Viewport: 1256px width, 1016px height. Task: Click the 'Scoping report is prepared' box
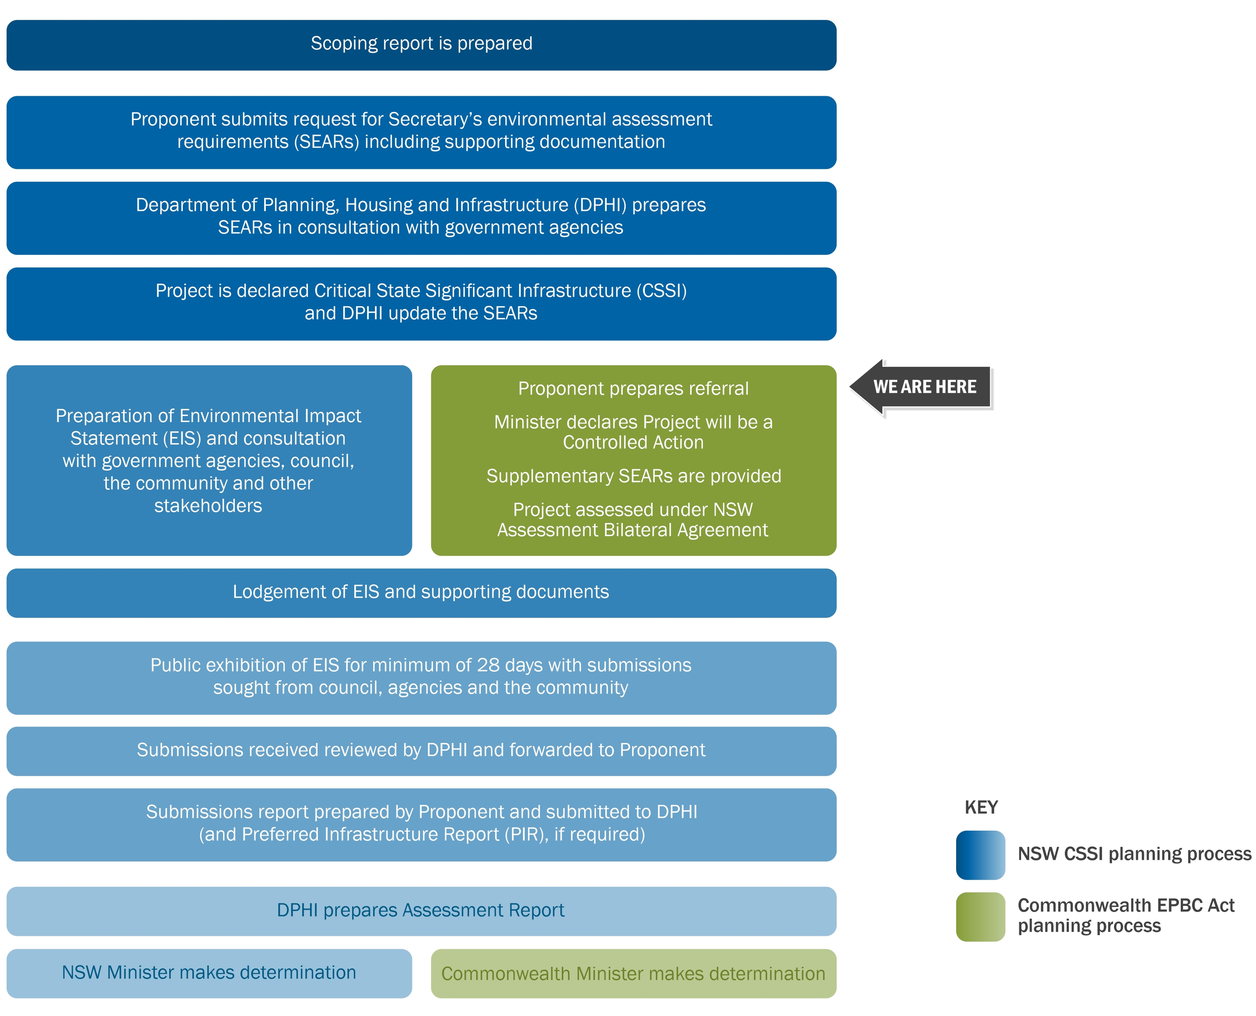(421, 45)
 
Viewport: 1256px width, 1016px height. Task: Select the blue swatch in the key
(980, 855)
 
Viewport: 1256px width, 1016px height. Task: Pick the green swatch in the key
(980, 917)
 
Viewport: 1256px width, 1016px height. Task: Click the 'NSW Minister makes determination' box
(209, 973)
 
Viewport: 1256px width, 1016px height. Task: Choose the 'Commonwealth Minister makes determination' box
(633, 974)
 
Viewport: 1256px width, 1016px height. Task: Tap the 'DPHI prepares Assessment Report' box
(421, 911)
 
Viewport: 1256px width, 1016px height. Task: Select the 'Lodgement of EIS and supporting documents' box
(421, 592)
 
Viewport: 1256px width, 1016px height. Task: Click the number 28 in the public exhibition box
(488, 665)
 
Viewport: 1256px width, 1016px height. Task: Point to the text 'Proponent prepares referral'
(633, 389)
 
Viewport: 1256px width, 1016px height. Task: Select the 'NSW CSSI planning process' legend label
(1134, 854)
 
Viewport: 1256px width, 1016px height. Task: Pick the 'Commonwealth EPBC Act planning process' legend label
(1125, 916)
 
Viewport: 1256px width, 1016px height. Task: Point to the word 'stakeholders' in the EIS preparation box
(208, 506)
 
